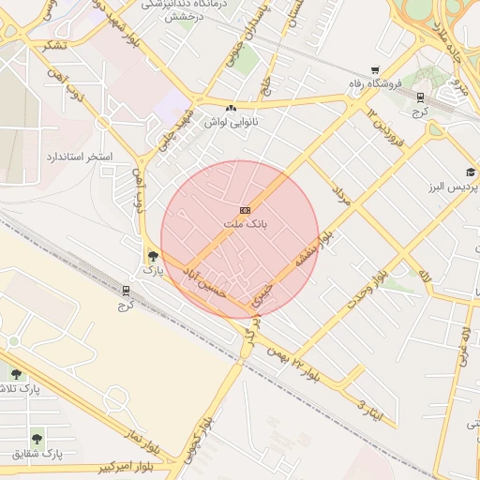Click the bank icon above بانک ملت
[246, 210]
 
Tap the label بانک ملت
[246, 225]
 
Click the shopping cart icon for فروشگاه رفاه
[376, 69]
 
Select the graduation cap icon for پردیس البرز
[471, 172]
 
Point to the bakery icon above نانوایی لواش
[231, 108]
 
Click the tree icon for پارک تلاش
[16, 374]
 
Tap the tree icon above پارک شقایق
[37, 438]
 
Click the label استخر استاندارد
[79, 155]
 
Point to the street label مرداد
[339, 194]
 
